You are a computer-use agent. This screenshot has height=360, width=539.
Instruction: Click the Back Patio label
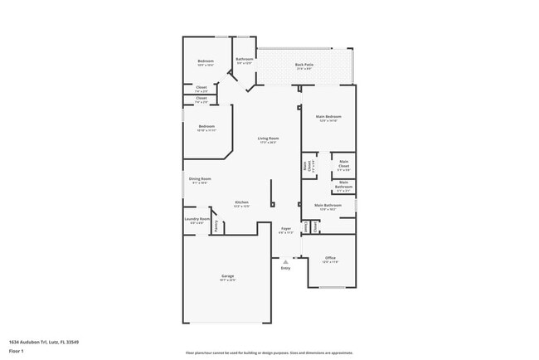pos(303,64)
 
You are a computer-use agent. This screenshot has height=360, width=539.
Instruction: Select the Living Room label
pos(267,138)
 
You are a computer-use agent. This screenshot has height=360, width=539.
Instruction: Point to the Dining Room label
pos(200,178)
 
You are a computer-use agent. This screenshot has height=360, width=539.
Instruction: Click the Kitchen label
pos(241,202)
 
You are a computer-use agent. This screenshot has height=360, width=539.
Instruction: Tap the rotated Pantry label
pos(216,226)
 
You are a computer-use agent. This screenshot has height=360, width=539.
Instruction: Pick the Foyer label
pos(286,228)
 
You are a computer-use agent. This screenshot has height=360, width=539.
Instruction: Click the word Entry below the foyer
pos(286,268)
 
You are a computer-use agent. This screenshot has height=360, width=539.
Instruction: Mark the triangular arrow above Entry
pos(286,260)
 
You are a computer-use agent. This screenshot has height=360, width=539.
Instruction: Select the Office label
pos(330,257)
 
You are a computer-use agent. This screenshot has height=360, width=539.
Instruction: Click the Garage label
pos(227,275)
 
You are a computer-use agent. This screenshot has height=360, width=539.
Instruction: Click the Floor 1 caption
pos(17,351)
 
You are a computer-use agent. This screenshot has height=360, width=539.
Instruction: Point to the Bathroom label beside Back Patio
pos(244,59)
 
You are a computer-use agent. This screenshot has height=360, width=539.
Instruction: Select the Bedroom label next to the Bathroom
pos(206,61)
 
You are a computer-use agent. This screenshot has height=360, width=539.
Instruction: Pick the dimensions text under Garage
pos(227,280)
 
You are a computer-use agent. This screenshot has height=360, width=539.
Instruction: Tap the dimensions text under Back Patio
pos(303,69)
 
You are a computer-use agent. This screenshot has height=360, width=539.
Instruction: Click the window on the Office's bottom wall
pos(333,288)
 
